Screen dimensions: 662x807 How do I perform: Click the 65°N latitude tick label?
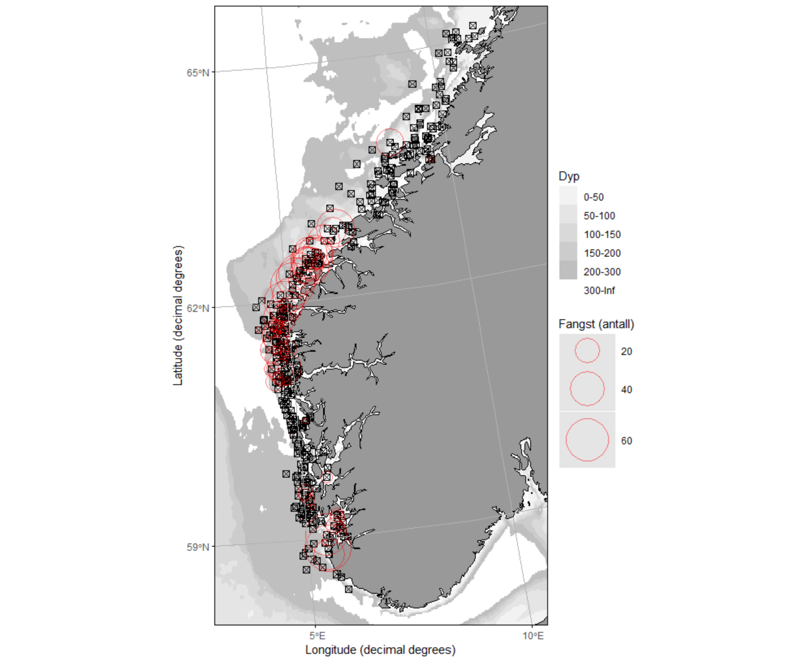[198, 73]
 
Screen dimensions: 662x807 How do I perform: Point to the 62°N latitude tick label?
[198, 308]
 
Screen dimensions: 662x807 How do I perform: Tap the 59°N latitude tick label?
[198, 547]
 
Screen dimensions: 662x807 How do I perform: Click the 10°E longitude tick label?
[533, 636]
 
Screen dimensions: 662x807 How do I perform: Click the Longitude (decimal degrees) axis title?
[380, 650]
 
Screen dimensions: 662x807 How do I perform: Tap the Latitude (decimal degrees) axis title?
[178, 316]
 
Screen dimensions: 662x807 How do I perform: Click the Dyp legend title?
[569, 176]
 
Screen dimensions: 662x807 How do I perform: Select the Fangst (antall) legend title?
[596, 324]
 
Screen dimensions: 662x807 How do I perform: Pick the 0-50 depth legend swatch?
[568, 197]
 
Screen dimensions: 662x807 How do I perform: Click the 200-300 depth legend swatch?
[568, 272]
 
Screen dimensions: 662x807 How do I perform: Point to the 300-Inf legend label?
[599, 290]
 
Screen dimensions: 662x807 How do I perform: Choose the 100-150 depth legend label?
[602, 234]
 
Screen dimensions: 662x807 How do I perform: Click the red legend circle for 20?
[587, 351]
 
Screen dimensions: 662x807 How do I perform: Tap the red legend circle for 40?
[587, 389]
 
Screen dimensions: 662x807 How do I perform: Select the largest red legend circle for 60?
[587, 440]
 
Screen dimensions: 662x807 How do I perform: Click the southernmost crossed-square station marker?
[349, 589]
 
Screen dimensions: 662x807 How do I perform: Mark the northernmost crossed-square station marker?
[473, 26]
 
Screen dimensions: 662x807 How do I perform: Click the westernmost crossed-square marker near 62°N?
[256, 307]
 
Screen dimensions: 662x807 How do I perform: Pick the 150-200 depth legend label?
[602, 253]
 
